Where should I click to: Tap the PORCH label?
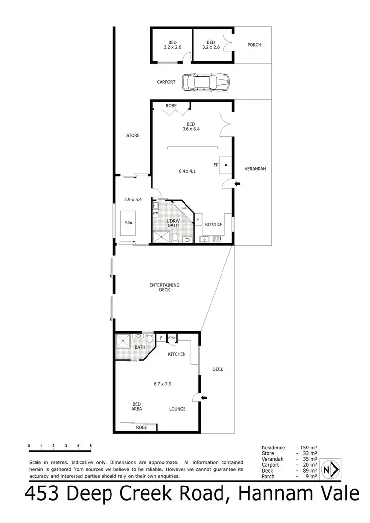[254, 45]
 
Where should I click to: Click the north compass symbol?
[330, 469]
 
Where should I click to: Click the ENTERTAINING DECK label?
[165, 287]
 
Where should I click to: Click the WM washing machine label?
[155, 213]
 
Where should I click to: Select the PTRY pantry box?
[172, 338]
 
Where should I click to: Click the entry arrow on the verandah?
[237, 184]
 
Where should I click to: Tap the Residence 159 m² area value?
[308, 448]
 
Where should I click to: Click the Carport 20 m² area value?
[308, 465]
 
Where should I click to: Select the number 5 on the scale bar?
[91, 445]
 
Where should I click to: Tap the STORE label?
[132, 135]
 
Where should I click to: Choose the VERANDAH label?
[255, 169]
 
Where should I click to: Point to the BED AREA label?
[137, 406]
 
